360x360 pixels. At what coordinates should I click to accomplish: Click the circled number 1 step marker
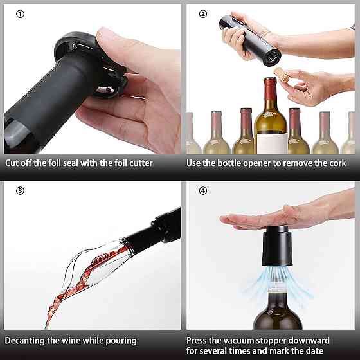click(20, 14)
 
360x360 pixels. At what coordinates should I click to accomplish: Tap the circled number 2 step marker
click(203, 14)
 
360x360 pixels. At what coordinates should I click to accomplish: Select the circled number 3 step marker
click(20, 190)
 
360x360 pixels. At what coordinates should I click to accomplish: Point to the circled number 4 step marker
click(203, 190)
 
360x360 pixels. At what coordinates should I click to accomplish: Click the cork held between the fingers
click(282, 75)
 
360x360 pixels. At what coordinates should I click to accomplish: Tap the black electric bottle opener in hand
click(250, 40)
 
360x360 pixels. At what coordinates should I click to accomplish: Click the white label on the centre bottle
click(273, 143)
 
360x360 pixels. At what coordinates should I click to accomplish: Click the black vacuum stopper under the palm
click(277, 246)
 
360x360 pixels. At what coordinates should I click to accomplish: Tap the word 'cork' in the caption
click(337, 163)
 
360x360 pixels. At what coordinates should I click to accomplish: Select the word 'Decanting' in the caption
click(24, 341)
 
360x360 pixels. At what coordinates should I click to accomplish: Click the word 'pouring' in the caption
click(121, 341)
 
